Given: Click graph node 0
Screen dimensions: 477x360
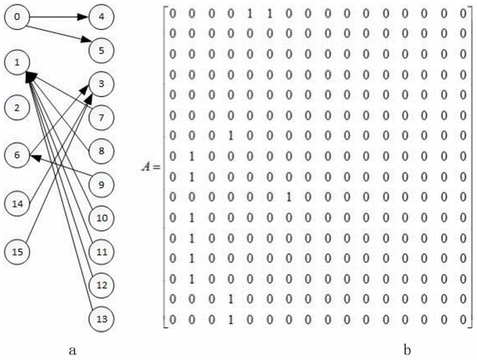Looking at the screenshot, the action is pos(17,17).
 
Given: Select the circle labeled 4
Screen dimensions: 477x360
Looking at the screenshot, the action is pos(101,17).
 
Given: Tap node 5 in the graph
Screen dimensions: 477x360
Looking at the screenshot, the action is pos(101,50).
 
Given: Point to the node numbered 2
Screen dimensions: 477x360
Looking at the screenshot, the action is pos(17,108).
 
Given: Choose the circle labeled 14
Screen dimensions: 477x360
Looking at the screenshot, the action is pos(17,204).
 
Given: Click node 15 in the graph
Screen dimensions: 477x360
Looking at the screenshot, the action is pos(17,252).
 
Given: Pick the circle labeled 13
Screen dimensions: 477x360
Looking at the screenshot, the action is pos(101,319).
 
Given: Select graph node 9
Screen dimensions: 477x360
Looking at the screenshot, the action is pos(101,185).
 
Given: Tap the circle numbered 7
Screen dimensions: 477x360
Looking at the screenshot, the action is pos(101,117).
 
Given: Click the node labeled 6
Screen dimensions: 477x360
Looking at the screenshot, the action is pos(17,156).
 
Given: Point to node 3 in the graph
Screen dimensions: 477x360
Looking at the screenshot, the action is pos(101,84).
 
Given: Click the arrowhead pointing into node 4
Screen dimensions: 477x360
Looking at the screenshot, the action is pos(83,17).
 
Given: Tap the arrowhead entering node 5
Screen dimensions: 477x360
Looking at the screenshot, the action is pos(84,44).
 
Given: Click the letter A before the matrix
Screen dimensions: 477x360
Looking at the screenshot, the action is pos(147,166).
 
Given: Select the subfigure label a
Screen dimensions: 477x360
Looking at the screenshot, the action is pos(73,351).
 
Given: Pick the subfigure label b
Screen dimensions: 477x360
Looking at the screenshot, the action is pos(407,349).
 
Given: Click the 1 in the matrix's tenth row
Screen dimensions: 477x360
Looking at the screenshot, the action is pos(289,197).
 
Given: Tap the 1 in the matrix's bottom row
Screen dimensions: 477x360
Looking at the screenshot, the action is pos(231,320).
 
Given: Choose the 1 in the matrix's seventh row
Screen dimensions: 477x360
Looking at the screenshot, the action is pos(231,136).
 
